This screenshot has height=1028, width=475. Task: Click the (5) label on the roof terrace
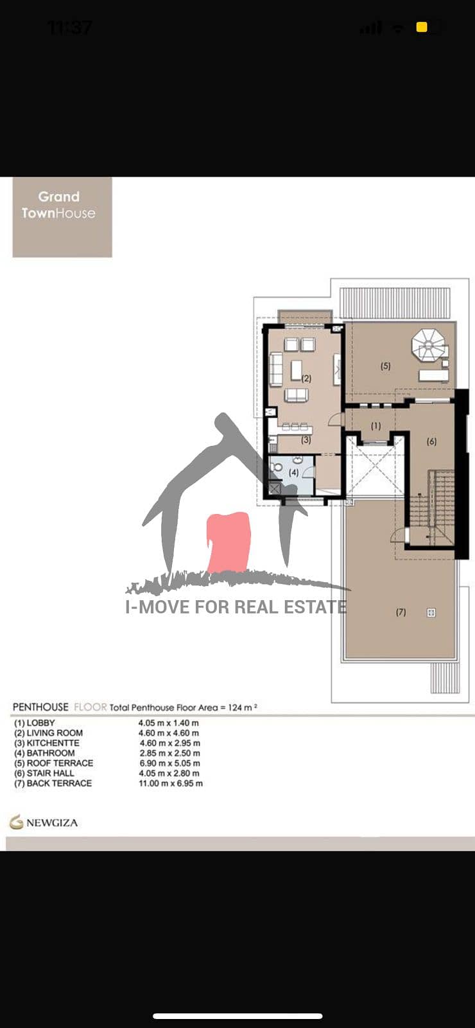pos(386,366)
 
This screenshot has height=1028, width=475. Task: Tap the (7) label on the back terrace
pos(401,612)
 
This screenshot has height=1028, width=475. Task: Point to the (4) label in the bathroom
pos(293,472)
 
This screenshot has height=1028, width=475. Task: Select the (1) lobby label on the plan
pos(376,425)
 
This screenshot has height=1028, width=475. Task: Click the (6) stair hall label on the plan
pos(431,441)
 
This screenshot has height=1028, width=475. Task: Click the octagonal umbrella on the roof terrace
pos(428,344)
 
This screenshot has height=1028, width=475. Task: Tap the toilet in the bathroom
pos(277,467)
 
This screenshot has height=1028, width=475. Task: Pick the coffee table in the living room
pos(297,370)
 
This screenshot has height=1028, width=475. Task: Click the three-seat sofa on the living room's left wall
pos(275,369)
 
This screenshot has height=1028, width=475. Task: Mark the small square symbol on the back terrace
pos(431,612)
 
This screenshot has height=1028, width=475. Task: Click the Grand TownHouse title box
pos(62,217)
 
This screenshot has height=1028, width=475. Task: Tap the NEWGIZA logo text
pos(52,822)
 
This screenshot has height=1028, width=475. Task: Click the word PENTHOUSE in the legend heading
pos(40,707)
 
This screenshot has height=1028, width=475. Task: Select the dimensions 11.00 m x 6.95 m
pos(171,783)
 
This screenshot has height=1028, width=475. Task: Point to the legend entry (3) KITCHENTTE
pos(47,743)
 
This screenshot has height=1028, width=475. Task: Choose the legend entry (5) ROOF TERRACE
pos(54,763)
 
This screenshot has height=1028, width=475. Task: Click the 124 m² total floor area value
pos(242,707)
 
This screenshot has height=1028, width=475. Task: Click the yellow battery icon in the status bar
pos(422,28)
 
